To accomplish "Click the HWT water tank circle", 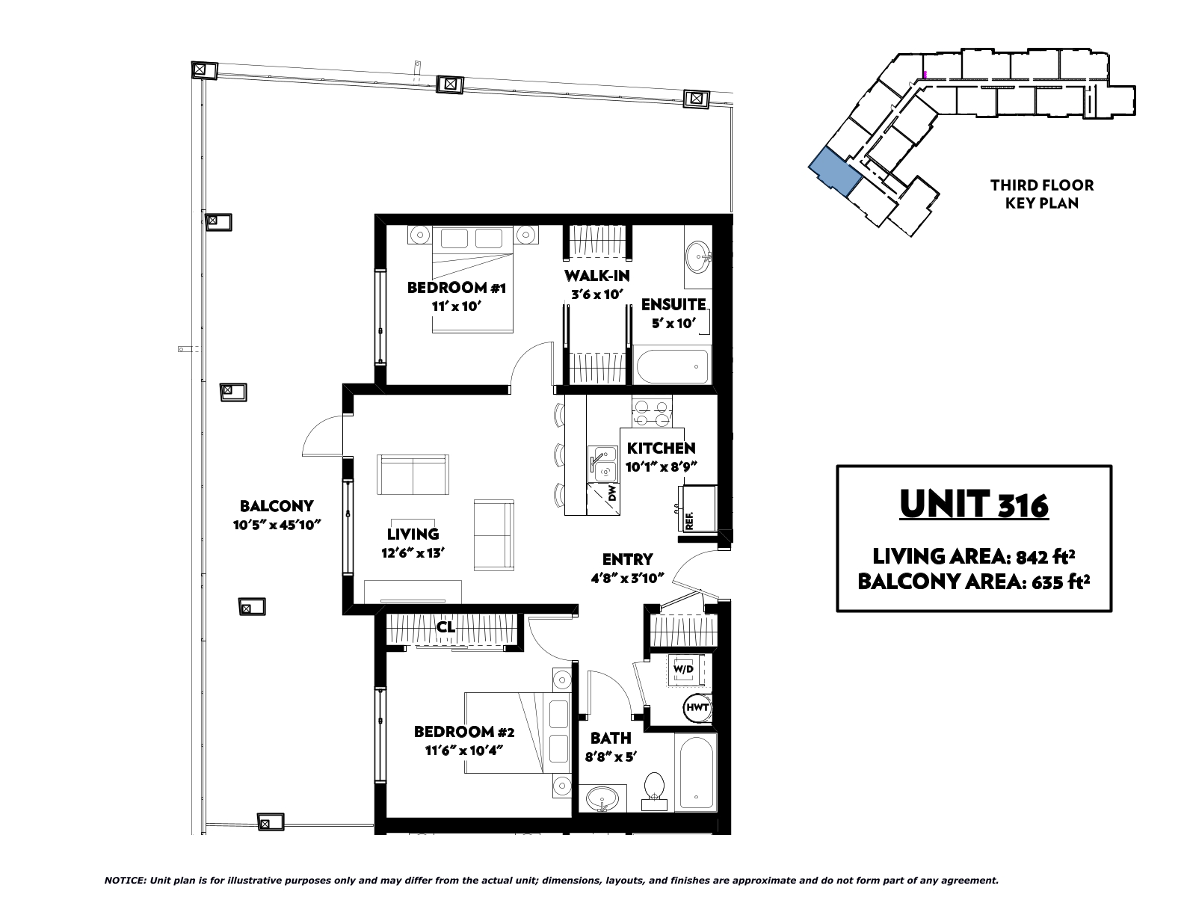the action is click(x=697, y=707).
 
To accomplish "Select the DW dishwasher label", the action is click(x=612, y=494).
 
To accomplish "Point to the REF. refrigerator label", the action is click(x=688, y=522).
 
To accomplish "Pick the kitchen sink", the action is click(x=602, y=463).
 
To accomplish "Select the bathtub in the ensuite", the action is click(x=673, y=366).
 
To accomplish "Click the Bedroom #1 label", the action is click(x=457, y=287).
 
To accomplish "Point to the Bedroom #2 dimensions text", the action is click(x=463, y=751).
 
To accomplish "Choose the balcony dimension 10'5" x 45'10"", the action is click(x=277, y=525).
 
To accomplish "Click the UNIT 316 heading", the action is click(x=974, y=504).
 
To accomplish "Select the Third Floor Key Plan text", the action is click(x=1042, y=194).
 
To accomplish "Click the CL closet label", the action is click(x=445, y=627).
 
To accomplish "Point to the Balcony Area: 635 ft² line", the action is click(x=974, y=582).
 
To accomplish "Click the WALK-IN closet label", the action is click(x=597, y=276).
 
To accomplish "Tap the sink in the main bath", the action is click(x=602, y=799).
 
